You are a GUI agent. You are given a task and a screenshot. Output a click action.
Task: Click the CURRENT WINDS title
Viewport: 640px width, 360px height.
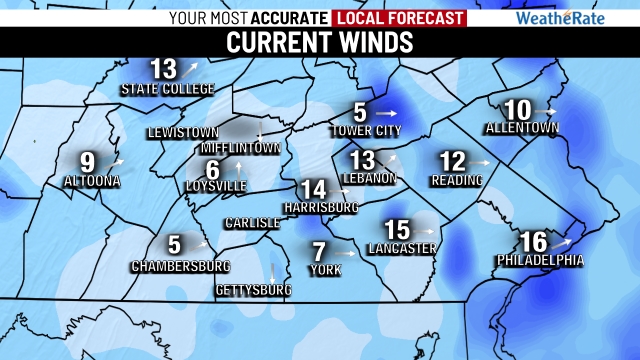coord(319,43)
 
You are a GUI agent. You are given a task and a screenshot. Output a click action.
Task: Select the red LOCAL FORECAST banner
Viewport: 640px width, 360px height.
coord(399,17)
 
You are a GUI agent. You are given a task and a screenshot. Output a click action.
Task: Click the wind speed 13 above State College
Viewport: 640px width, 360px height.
coord(164,69)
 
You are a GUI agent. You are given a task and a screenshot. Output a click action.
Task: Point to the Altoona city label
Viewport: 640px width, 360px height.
coord(92,182)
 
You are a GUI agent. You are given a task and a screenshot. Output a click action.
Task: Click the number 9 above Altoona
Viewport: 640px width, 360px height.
coord(88,161)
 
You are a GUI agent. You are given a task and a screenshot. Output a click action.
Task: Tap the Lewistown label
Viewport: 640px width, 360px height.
coord(182,132)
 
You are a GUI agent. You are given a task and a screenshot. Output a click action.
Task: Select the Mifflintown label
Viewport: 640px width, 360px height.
coord(247,147)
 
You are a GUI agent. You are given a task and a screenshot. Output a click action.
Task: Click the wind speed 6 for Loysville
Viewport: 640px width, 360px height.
coord(212,169)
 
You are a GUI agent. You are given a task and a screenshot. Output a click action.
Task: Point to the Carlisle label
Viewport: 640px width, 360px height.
coord(252,222)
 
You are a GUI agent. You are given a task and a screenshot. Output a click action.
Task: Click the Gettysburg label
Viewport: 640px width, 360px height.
coord(253,290)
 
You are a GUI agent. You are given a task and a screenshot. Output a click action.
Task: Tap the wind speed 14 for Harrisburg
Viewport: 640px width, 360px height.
coord(313,189)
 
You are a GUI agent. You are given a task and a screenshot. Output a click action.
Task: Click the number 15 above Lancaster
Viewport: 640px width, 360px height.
coord(397,229)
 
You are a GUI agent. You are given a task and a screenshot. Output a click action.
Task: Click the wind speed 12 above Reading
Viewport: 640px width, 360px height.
coord(453,161)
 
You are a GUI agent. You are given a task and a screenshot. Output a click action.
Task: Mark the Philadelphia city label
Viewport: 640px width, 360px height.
coord(540,260)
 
